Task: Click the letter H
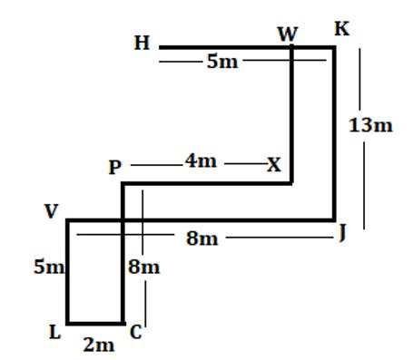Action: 142,43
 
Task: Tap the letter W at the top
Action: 288,34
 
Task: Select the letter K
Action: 341,29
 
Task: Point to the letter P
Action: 114,168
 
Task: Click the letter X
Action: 273,165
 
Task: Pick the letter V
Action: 51,211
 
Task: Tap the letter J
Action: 342,233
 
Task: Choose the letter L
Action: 55,333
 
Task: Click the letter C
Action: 135,333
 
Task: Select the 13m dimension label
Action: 370,126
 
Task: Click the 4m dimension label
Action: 201,161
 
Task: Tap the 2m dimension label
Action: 99,345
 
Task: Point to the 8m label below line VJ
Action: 202,238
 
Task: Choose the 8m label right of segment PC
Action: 143,268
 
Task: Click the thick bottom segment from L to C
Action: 95,322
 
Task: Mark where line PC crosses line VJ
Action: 123,219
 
